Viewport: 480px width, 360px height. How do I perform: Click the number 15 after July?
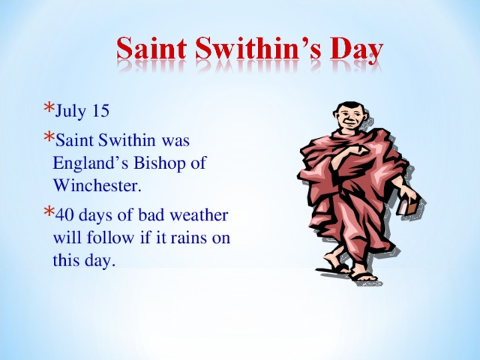coord(100,112)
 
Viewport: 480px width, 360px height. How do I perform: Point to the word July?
coord(71,112)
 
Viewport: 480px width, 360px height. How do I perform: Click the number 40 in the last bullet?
coord(64,215)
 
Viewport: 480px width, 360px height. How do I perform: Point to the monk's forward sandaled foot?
coord(365,276)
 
